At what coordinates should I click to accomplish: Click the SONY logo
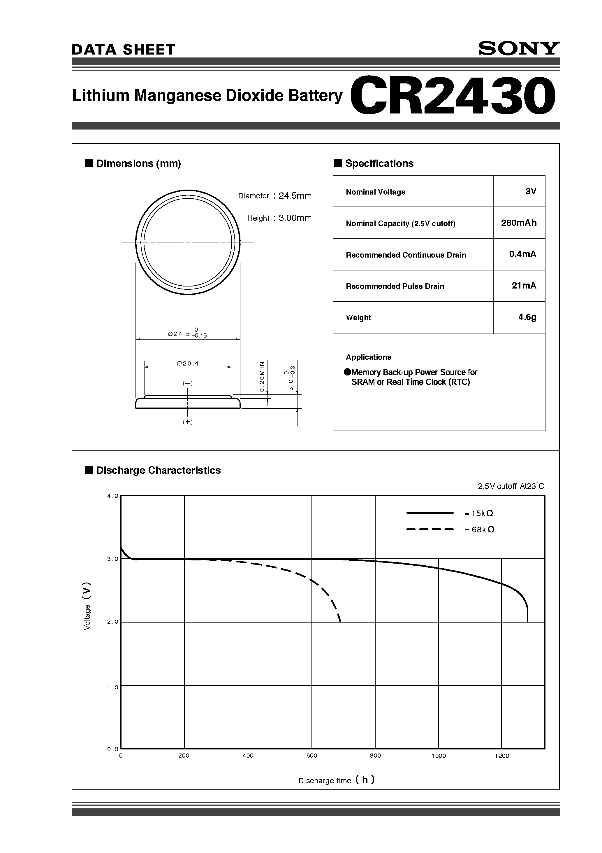pyautogui.click(x=518, y=49)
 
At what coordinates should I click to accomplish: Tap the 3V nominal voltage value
pyautogui.click(x=531, y=191)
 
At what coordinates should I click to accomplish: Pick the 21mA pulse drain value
pyautogui.click(x=523, y=286)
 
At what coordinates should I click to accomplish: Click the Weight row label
pyautogui.click(x=358, y=318)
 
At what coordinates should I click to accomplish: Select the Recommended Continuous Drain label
pyautogui.click(x=406, y=255)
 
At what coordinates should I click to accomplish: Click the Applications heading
pyautogui.click(x=368, y=357)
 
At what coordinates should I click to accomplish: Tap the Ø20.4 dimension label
pyautogui.click(x=188, y=364)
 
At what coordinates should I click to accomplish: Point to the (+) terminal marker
pyautogui.click(x=188, y=422)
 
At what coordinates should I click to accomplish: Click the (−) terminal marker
pyautogui.click(x=188, y=383)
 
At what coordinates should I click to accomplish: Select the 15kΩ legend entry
pyautogui.click(x=479, y=513)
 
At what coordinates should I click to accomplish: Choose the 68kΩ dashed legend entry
pyautogui.click(x=479, y=530)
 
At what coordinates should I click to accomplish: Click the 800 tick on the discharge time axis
pyautogui.click(x=375, y=756)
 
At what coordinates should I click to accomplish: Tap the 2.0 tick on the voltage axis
pyautogui.click(x=112, y=622)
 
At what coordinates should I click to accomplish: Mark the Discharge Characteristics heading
pyautogui.click(x=158, y=470)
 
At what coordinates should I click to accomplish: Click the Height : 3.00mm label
pyautogui.click(x=279, y=218)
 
